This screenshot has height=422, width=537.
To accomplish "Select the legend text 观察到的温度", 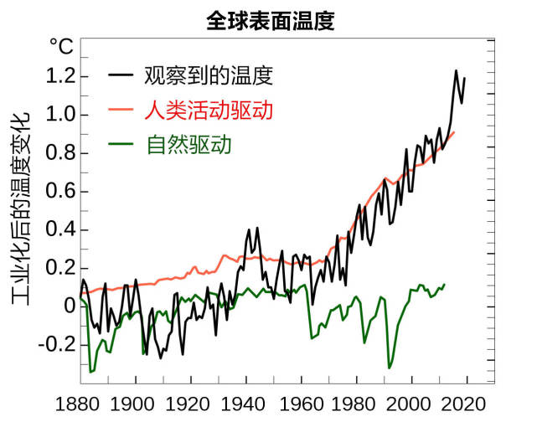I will tap(209, 76).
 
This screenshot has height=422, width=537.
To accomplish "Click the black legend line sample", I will tap(122, 76).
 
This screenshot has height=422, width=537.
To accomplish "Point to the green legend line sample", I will tap(122, 145).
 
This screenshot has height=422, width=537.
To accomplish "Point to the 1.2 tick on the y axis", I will tap(59, 77).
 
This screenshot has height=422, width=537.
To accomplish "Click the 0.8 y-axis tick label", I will tap(59, 153).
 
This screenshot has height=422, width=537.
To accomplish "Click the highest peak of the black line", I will tap(457, 70).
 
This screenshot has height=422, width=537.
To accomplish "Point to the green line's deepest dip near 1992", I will tap(389, 368).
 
